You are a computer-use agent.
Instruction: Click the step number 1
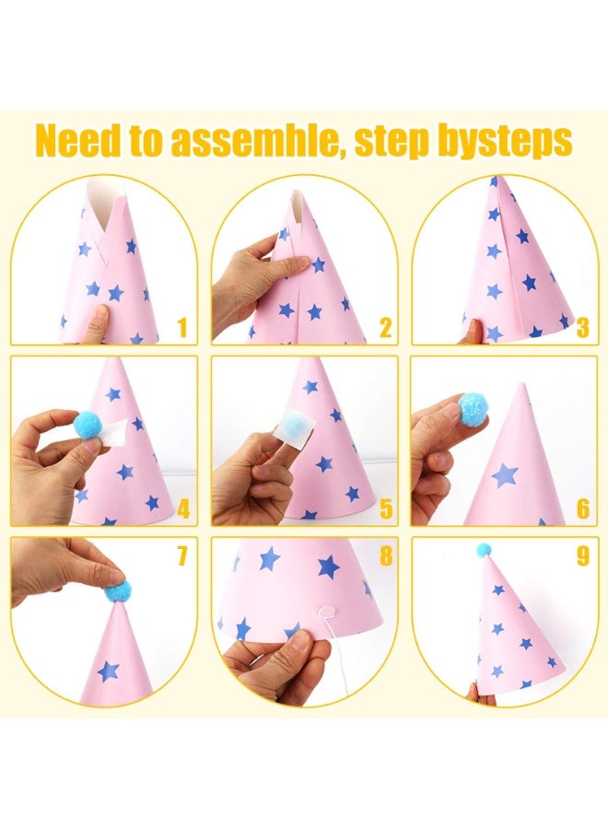183,327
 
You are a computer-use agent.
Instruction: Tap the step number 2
385,327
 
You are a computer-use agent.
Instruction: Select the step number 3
582,327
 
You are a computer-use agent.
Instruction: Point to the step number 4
183,508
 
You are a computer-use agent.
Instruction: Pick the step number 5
386,508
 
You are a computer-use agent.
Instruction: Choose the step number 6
582,508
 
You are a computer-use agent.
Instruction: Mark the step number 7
181,555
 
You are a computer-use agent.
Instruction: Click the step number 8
386,555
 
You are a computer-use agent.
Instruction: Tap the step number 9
582,555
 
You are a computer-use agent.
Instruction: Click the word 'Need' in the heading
80,140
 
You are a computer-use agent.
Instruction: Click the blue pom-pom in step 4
88,425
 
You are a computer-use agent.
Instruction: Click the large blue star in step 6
505,474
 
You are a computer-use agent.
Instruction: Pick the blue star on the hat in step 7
109,671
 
